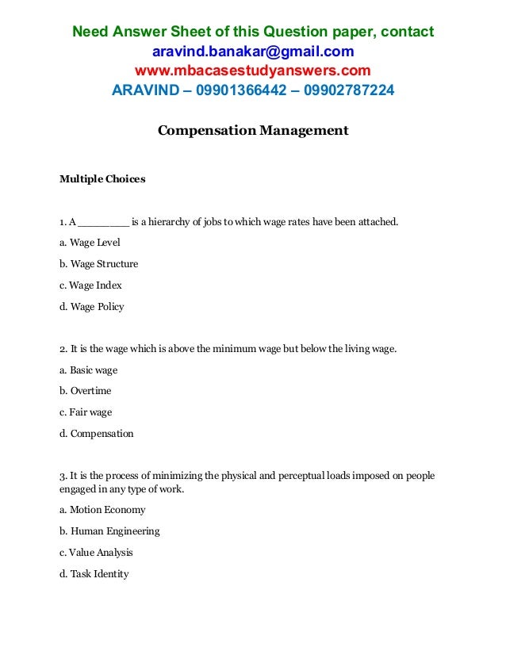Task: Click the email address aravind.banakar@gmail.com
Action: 253,52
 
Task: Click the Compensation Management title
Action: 253,130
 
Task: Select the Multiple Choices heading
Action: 102,179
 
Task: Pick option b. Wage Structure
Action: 98,264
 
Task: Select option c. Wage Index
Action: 90,285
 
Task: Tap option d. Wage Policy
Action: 92,307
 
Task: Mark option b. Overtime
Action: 85,391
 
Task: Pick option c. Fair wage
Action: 86,412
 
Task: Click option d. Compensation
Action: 97,434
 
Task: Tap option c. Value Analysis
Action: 96,553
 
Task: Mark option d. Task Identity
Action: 94,574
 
